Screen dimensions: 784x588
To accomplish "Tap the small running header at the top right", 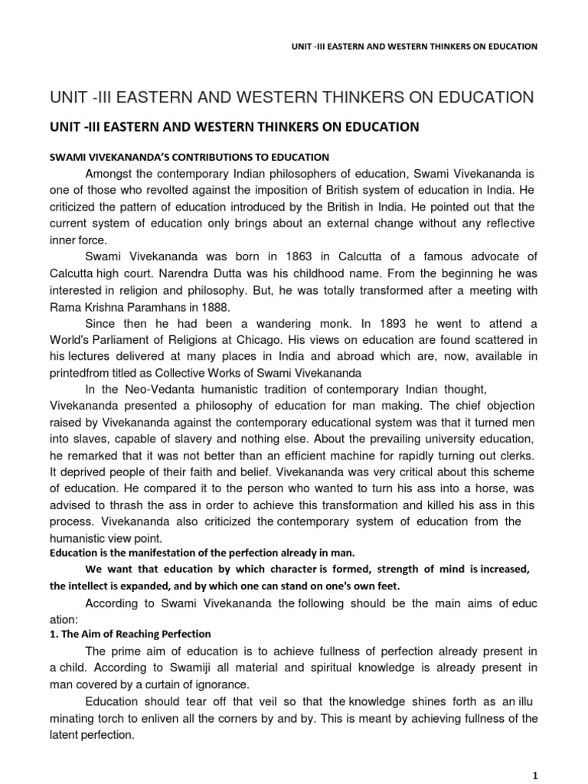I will click(406, 46).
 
